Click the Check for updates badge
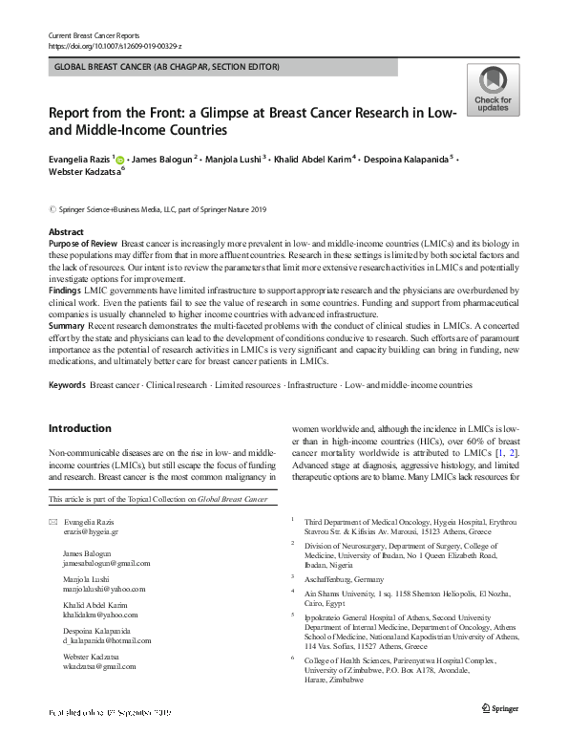pyautogui.click(x=492, y=92)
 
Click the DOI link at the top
pyautogui.click(x=114, y=46)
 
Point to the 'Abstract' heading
pyautogui.click(x=66, y=233)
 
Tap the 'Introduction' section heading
pyautogui.click(x=80, y=428)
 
